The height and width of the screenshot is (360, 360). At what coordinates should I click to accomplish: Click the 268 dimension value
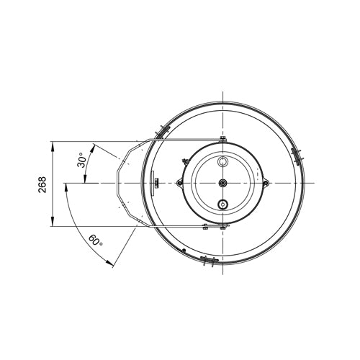pos(42,184)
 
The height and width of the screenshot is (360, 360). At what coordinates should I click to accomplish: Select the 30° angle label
pos(82,160)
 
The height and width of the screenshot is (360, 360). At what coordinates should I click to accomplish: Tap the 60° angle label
pos(96,240)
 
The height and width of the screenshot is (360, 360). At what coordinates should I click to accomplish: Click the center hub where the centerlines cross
pos(223,183)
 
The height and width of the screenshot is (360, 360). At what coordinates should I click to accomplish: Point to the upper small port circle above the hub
pos(223,161)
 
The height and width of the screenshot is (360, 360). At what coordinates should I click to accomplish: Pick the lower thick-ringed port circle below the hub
pos(223,204)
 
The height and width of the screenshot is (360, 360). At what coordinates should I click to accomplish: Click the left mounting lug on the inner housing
pos(179,183)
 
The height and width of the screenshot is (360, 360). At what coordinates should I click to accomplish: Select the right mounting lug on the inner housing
pos(266,183)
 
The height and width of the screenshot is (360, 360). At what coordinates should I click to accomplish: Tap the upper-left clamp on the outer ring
pos(162,132)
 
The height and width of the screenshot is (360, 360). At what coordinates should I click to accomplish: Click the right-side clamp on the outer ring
pos(297,156)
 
